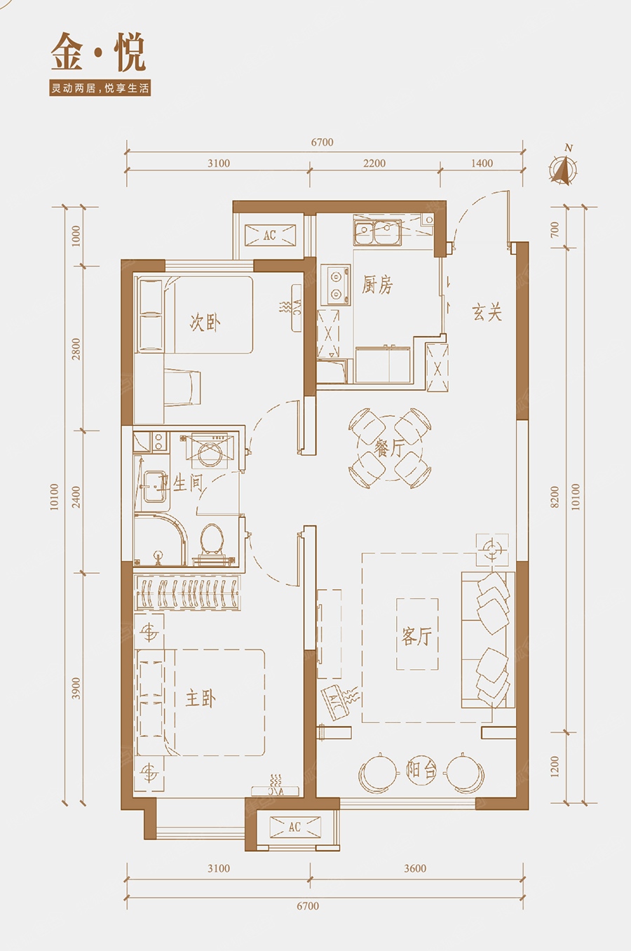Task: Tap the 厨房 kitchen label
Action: (377, 285)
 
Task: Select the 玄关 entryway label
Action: (487, 313)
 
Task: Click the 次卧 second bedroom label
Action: (205, 323)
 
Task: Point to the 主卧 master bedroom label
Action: (201, 699)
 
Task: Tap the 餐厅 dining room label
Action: (390, 448)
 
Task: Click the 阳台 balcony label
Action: (421, 769)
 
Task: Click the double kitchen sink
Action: (377, 232)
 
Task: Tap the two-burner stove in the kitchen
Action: (336, 284)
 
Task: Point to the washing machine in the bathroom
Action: (208, 451)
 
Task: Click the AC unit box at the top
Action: (270, 235)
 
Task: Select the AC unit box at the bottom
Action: (295, 826)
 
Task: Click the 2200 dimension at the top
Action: (374, 163)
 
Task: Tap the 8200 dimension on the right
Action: (555, 497)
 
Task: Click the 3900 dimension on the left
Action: (75, 689)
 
